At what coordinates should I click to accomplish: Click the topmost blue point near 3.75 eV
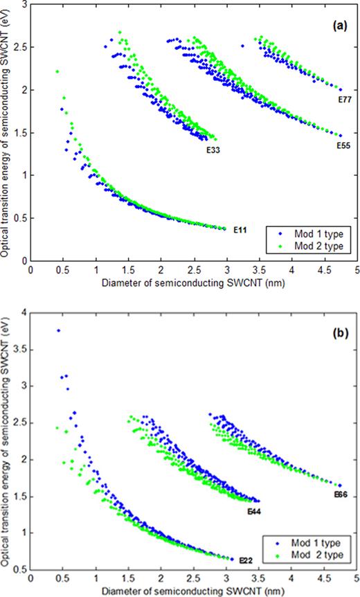tap(58, 331)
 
